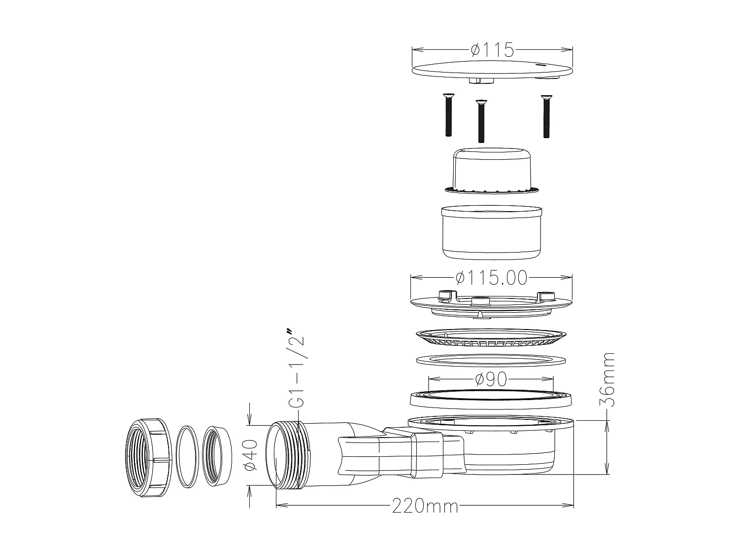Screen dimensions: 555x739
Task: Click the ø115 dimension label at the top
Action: pyautogui.click(x=492, y=50)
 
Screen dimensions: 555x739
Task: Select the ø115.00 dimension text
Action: pyautogui.click(x=492, y=278)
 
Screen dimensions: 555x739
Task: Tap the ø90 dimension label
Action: pyautogui.click(x=491, y=379)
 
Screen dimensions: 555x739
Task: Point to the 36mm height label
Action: pyautogui.click(x=608, y=379)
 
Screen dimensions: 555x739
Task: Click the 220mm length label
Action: pyautogui.click(x=425, y=506)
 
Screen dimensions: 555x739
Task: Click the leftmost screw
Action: pyautogui.click(x=448, y=115)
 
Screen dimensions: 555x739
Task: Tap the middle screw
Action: pyautogui.click(x=480, y=120)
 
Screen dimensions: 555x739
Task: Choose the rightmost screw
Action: pyautogui.click(x=545, y=116)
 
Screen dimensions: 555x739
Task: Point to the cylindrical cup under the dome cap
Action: pyautogui.click(x=492, y=232)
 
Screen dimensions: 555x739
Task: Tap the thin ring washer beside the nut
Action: pyautogui.click(x=187, y=456)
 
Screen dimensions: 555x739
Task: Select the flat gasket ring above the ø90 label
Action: pyautogui.click(x=492, y=360)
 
